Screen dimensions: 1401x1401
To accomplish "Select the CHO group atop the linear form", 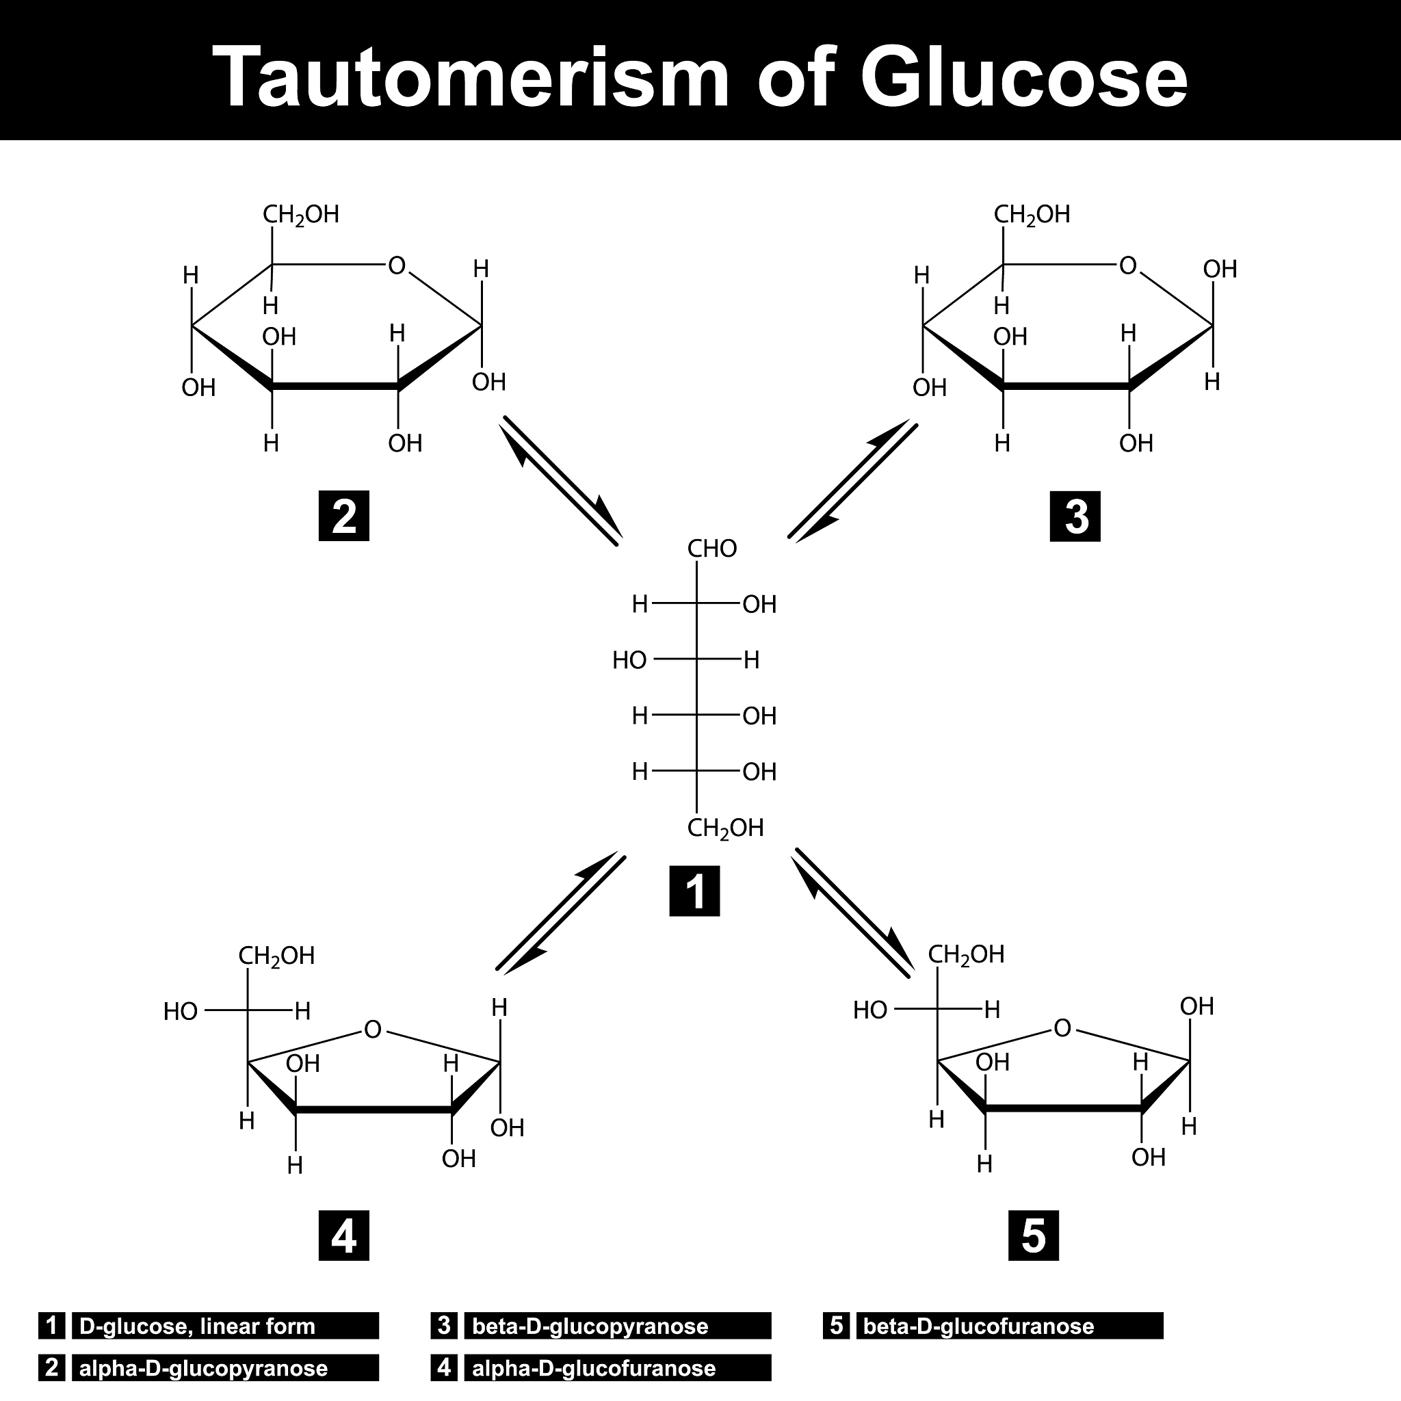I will [712, 549].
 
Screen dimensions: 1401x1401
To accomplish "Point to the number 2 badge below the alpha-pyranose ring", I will [343, 516].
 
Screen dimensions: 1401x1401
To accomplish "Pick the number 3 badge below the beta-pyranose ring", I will [1075, 516].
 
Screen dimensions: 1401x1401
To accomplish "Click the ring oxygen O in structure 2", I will [397, 266].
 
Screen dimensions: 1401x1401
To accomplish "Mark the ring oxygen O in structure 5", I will [1062, 1027].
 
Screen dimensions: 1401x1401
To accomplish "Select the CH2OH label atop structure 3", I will [1031, 215].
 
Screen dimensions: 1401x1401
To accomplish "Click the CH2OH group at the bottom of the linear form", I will [725, 828].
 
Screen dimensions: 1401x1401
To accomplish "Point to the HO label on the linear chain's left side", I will [629, 660].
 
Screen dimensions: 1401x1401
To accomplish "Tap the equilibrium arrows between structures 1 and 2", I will [560, 480].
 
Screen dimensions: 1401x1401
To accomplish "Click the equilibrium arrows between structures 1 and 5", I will [853, 913].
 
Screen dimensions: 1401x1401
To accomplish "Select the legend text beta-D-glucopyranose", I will [590, 1326].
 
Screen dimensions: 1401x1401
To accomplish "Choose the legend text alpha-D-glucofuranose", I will [593, 1368].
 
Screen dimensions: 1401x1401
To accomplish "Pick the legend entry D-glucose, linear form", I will [197, 1326].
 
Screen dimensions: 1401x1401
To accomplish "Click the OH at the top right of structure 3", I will [1220, 269].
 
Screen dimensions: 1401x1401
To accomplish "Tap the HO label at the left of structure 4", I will [181, 1012].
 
